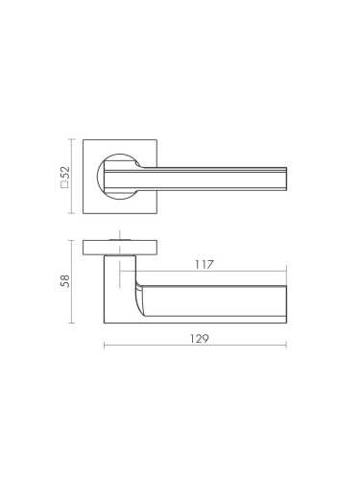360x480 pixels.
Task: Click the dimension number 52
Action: coord(65,173)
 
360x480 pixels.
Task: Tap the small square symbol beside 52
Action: coord(65,186)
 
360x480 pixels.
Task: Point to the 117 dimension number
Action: coord(202,264)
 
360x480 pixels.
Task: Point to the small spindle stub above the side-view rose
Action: coord(122,235)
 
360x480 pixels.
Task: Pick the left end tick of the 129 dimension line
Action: coord(104,347)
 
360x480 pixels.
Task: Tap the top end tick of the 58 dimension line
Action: coord(72,239)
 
